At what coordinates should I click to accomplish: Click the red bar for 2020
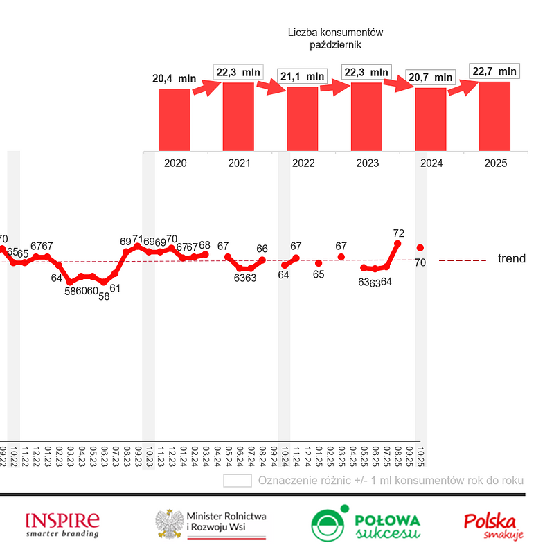click(174, 119)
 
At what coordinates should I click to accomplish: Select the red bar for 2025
click(494, 116)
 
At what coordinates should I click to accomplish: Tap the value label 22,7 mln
click(494, 71)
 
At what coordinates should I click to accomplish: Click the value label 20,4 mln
click(174, 78)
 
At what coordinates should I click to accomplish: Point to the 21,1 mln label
click(302, 76)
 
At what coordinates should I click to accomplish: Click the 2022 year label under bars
click(303, 163)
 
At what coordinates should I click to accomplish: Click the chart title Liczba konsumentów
click(335, 33)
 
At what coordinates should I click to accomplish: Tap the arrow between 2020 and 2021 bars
click(206, 87)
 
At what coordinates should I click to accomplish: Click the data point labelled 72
click(397, 243)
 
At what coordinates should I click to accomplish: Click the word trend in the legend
click(511, 259)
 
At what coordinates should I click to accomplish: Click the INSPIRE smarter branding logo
click(62, 524)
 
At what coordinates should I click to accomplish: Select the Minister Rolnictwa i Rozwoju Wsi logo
click(211, 525)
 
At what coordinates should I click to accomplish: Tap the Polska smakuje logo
click(493, 524)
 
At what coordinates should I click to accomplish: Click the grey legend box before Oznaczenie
click(237, 481)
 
